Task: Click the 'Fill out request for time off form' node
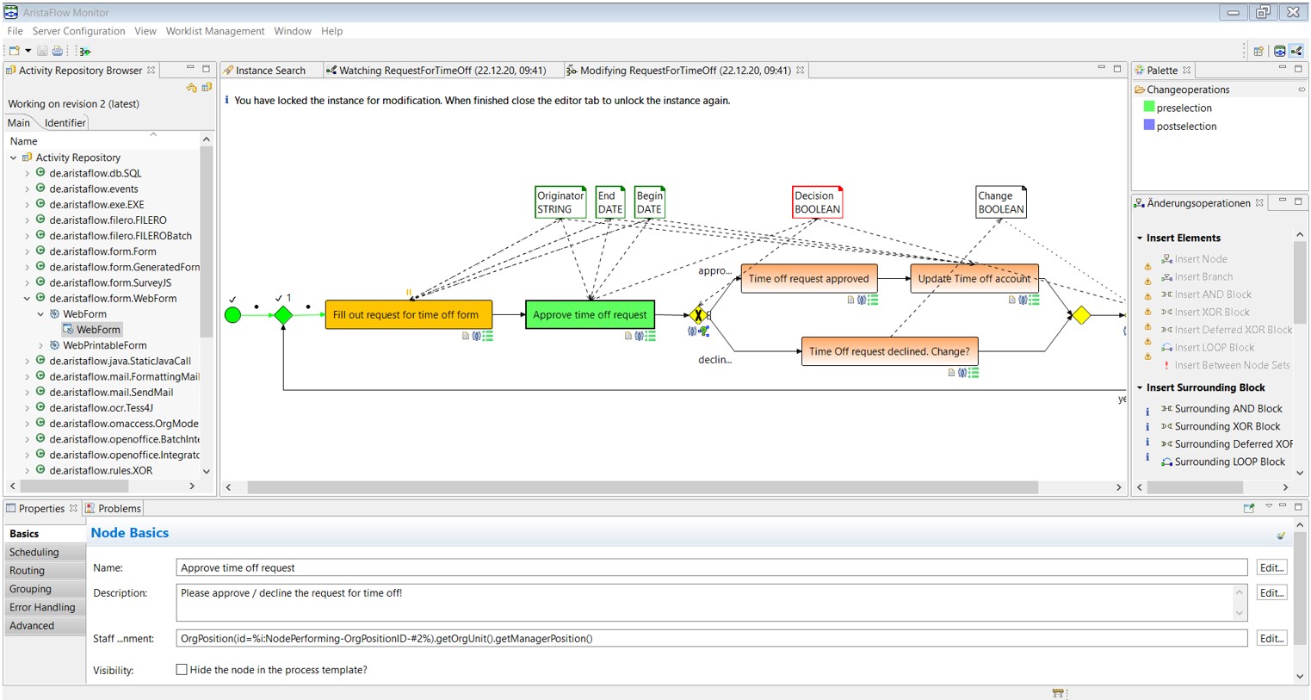pyautogui.click(x=409, y=314)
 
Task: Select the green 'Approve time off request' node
pyautogui.click(x=590, y=314)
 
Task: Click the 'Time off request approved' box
pyautogui.click(x=809, y=279)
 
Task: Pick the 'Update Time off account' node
pyautogui.click(x=974, y=279)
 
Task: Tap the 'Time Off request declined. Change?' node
pyautogui.click(x=889, y=351)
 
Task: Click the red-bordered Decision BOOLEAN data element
pyautogui.click(x=817, y=202)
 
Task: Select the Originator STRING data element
pyautogui.click(x=560, y=202)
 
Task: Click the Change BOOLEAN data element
pyautogui.click(x=1001, y=202)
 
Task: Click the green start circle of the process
pyautogui.click(x=233, y=315)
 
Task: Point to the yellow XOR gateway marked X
pyautogui.click(x=697, y=315)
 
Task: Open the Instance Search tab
pyautogui.click(x=270, y=71)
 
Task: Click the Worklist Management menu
pyautogui.click(x=215, y=31)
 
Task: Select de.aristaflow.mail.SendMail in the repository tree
pyautogui.click(x=111, y=392)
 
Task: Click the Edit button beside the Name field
pyautogui.click(x=1271, y=567)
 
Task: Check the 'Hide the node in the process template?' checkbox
pyautogui.click(x=182, y=670)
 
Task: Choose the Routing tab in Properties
pyautogui.click(x=27, y=571)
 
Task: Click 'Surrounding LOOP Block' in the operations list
pyautogui.click(x=1229, y=462)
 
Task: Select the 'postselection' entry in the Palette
pyautogui.click(x=1186, y=127)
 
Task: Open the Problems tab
pyautogui.click(x=120, y=509)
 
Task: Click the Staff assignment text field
pyautogui.click(x=712, y=639)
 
